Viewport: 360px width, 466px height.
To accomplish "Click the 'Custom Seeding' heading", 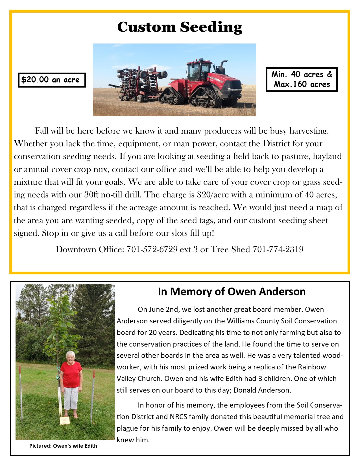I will point(180,27).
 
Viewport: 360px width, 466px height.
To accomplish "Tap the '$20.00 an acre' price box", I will point(51,80).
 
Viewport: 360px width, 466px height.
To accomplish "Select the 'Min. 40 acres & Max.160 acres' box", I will point(302,79).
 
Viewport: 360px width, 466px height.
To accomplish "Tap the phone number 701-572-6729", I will point(152,249).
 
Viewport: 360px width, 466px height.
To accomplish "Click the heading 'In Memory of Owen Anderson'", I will point(232,291).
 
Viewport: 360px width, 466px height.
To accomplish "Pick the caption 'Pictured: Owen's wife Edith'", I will point(63,446).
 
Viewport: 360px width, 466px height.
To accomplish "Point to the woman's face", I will point(70,357).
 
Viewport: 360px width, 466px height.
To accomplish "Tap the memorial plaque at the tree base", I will point(64,420).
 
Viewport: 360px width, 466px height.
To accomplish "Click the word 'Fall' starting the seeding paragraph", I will point(42,131).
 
